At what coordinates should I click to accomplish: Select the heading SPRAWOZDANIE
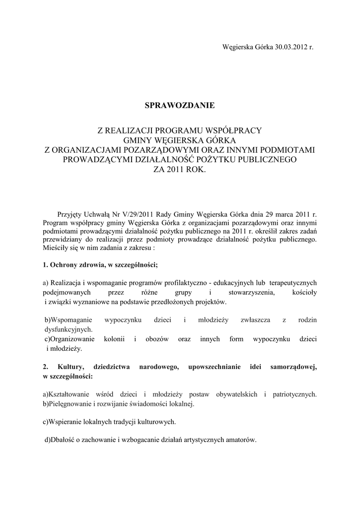click(179, 106)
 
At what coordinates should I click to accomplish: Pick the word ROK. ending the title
click(194, 169)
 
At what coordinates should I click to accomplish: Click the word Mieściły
click(56, 247)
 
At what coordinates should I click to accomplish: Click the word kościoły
click(302, 292)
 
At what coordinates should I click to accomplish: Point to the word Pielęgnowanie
click(69, 404)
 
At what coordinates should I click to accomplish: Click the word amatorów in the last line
click(241, 441)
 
